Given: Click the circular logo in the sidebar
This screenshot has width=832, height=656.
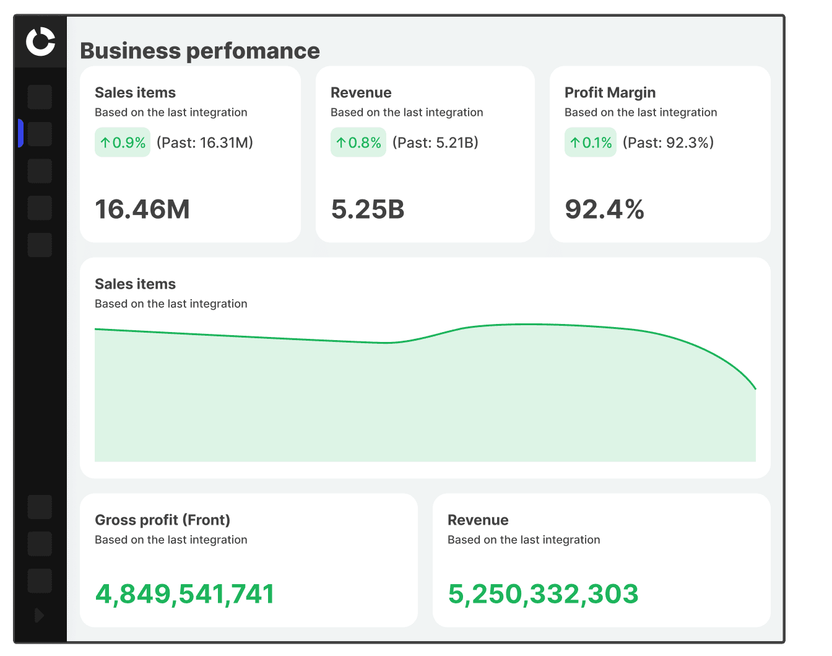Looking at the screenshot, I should (x=40, y=42).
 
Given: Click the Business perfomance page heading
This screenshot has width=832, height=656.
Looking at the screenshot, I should (x=200, y=51).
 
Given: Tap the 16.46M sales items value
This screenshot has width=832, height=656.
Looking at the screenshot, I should (x=142, y=209).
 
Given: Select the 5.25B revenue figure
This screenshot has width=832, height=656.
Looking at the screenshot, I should (x=368, y=209).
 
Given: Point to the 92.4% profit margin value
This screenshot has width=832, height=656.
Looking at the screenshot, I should (x=604, y=209).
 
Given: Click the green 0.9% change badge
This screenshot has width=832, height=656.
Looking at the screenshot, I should (x=123, y=142).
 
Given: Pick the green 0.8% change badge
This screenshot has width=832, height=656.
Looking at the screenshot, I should (x=358, y=142).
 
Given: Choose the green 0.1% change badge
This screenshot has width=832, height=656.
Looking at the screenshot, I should (x=591, y=142).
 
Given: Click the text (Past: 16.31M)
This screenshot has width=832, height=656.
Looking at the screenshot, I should (x=205, y=142).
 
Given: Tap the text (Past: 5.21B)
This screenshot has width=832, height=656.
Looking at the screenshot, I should (x=435, y=142).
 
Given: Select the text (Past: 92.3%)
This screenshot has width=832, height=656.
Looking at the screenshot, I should (x=668, y=142).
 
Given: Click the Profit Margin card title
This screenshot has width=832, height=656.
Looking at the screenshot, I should (x=610, y=92).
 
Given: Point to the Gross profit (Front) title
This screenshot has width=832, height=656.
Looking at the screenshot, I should (x=162, y=520).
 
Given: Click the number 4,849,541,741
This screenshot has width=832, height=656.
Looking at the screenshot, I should (x=184, y=593).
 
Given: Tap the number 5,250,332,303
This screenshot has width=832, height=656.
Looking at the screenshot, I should (x=543, y=593).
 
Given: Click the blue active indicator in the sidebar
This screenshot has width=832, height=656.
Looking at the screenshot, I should (x=21, y=133).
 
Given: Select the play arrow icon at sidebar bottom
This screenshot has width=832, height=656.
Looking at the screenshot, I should (x=39, y=615).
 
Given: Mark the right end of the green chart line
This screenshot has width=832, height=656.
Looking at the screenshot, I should (x=755, y=388).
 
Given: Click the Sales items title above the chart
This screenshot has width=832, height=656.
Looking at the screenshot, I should (x=135, y=284).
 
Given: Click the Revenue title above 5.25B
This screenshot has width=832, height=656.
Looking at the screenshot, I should (x=361, y=92).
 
